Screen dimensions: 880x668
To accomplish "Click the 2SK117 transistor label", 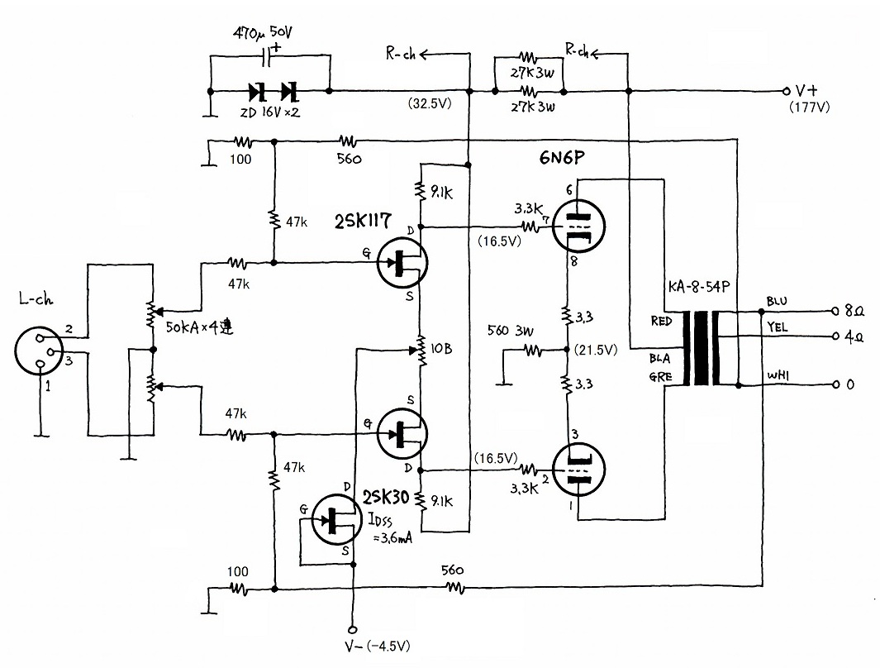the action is click(x=363, y=221).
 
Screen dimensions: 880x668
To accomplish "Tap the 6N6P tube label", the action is click(x=562, y=158).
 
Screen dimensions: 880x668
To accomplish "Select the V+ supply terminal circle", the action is click(x=787, y=91).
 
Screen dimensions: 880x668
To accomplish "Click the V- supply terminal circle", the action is click(x=353, y=630).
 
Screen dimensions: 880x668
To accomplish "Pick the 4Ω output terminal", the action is click(x=836, y=336).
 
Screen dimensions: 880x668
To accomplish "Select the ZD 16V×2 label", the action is click(x=270, y=112).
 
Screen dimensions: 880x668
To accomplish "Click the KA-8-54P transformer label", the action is click(x=699, y=287).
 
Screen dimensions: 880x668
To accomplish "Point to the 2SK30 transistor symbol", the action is click(x=336, y=520).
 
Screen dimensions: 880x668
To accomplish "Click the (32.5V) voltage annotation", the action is click(x=430, y=104).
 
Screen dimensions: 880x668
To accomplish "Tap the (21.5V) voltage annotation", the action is click(x=596, y=351).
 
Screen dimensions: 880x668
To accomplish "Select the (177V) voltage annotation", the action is click(x=809, y=107).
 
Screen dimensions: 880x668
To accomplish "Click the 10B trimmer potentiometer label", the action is click(x=441, y=349).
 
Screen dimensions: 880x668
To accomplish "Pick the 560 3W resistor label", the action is click(x=510, y=331).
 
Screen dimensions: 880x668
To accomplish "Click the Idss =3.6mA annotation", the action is click(x=390, y=528).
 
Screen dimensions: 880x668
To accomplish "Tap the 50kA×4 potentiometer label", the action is click(x=200, y=327).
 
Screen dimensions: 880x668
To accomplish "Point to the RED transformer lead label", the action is click(x=661, y=321).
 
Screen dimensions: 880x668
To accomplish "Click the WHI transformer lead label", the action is click(x=778, y=375).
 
